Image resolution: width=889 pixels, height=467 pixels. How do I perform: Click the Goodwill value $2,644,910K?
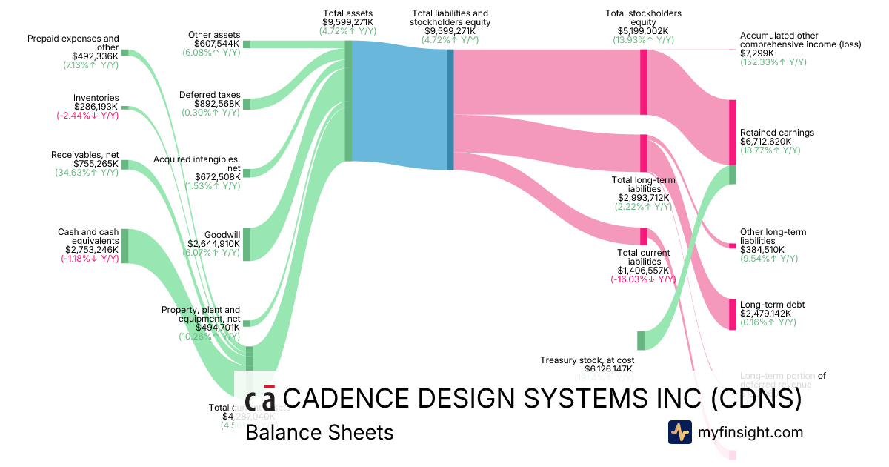pos(213,243)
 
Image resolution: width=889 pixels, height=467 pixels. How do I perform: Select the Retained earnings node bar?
pos(732,142)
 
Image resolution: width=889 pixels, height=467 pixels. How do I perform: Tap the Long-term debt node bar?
pos(732,314)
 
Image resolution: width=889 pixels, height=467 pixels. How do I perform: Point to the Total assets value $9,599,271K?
pos(347,22)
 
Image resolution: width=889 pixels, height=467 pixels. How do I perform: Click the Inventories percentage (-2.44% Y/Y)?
pos(87,116)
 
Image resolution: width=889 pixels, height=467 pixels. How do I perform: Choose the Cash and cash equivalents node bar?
pos(124,245)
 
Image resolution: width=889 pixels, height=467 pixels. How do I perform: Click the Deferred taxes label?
pos(210,95)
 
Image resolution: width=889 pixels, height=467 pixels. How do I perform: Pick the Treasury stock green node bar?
pos(641,340)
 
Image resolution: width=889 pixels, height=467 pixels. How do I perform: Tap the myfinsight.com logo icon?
pos(679,432)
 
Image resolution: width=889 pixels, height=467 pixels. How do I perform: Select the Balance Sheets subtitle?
pos(319,432)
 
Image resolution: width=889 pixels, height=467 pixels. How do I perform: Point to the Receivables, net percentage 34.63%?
pos(87,173)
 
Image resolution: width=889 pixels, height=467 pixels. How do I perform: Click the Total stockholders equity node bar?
pos(644,82)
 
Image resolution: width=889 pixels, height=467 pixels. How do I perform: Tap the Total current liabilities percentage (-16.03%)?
pos(643,279)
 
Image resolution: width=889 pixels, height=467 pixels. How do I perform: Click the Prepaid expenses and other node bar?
pos(124,53)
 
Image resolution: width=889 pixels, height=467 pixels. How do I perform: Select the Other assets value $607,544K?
pos(212,44)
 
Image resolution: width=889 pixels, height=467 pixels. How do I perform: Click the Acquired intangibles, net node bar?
pos(247,173)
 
